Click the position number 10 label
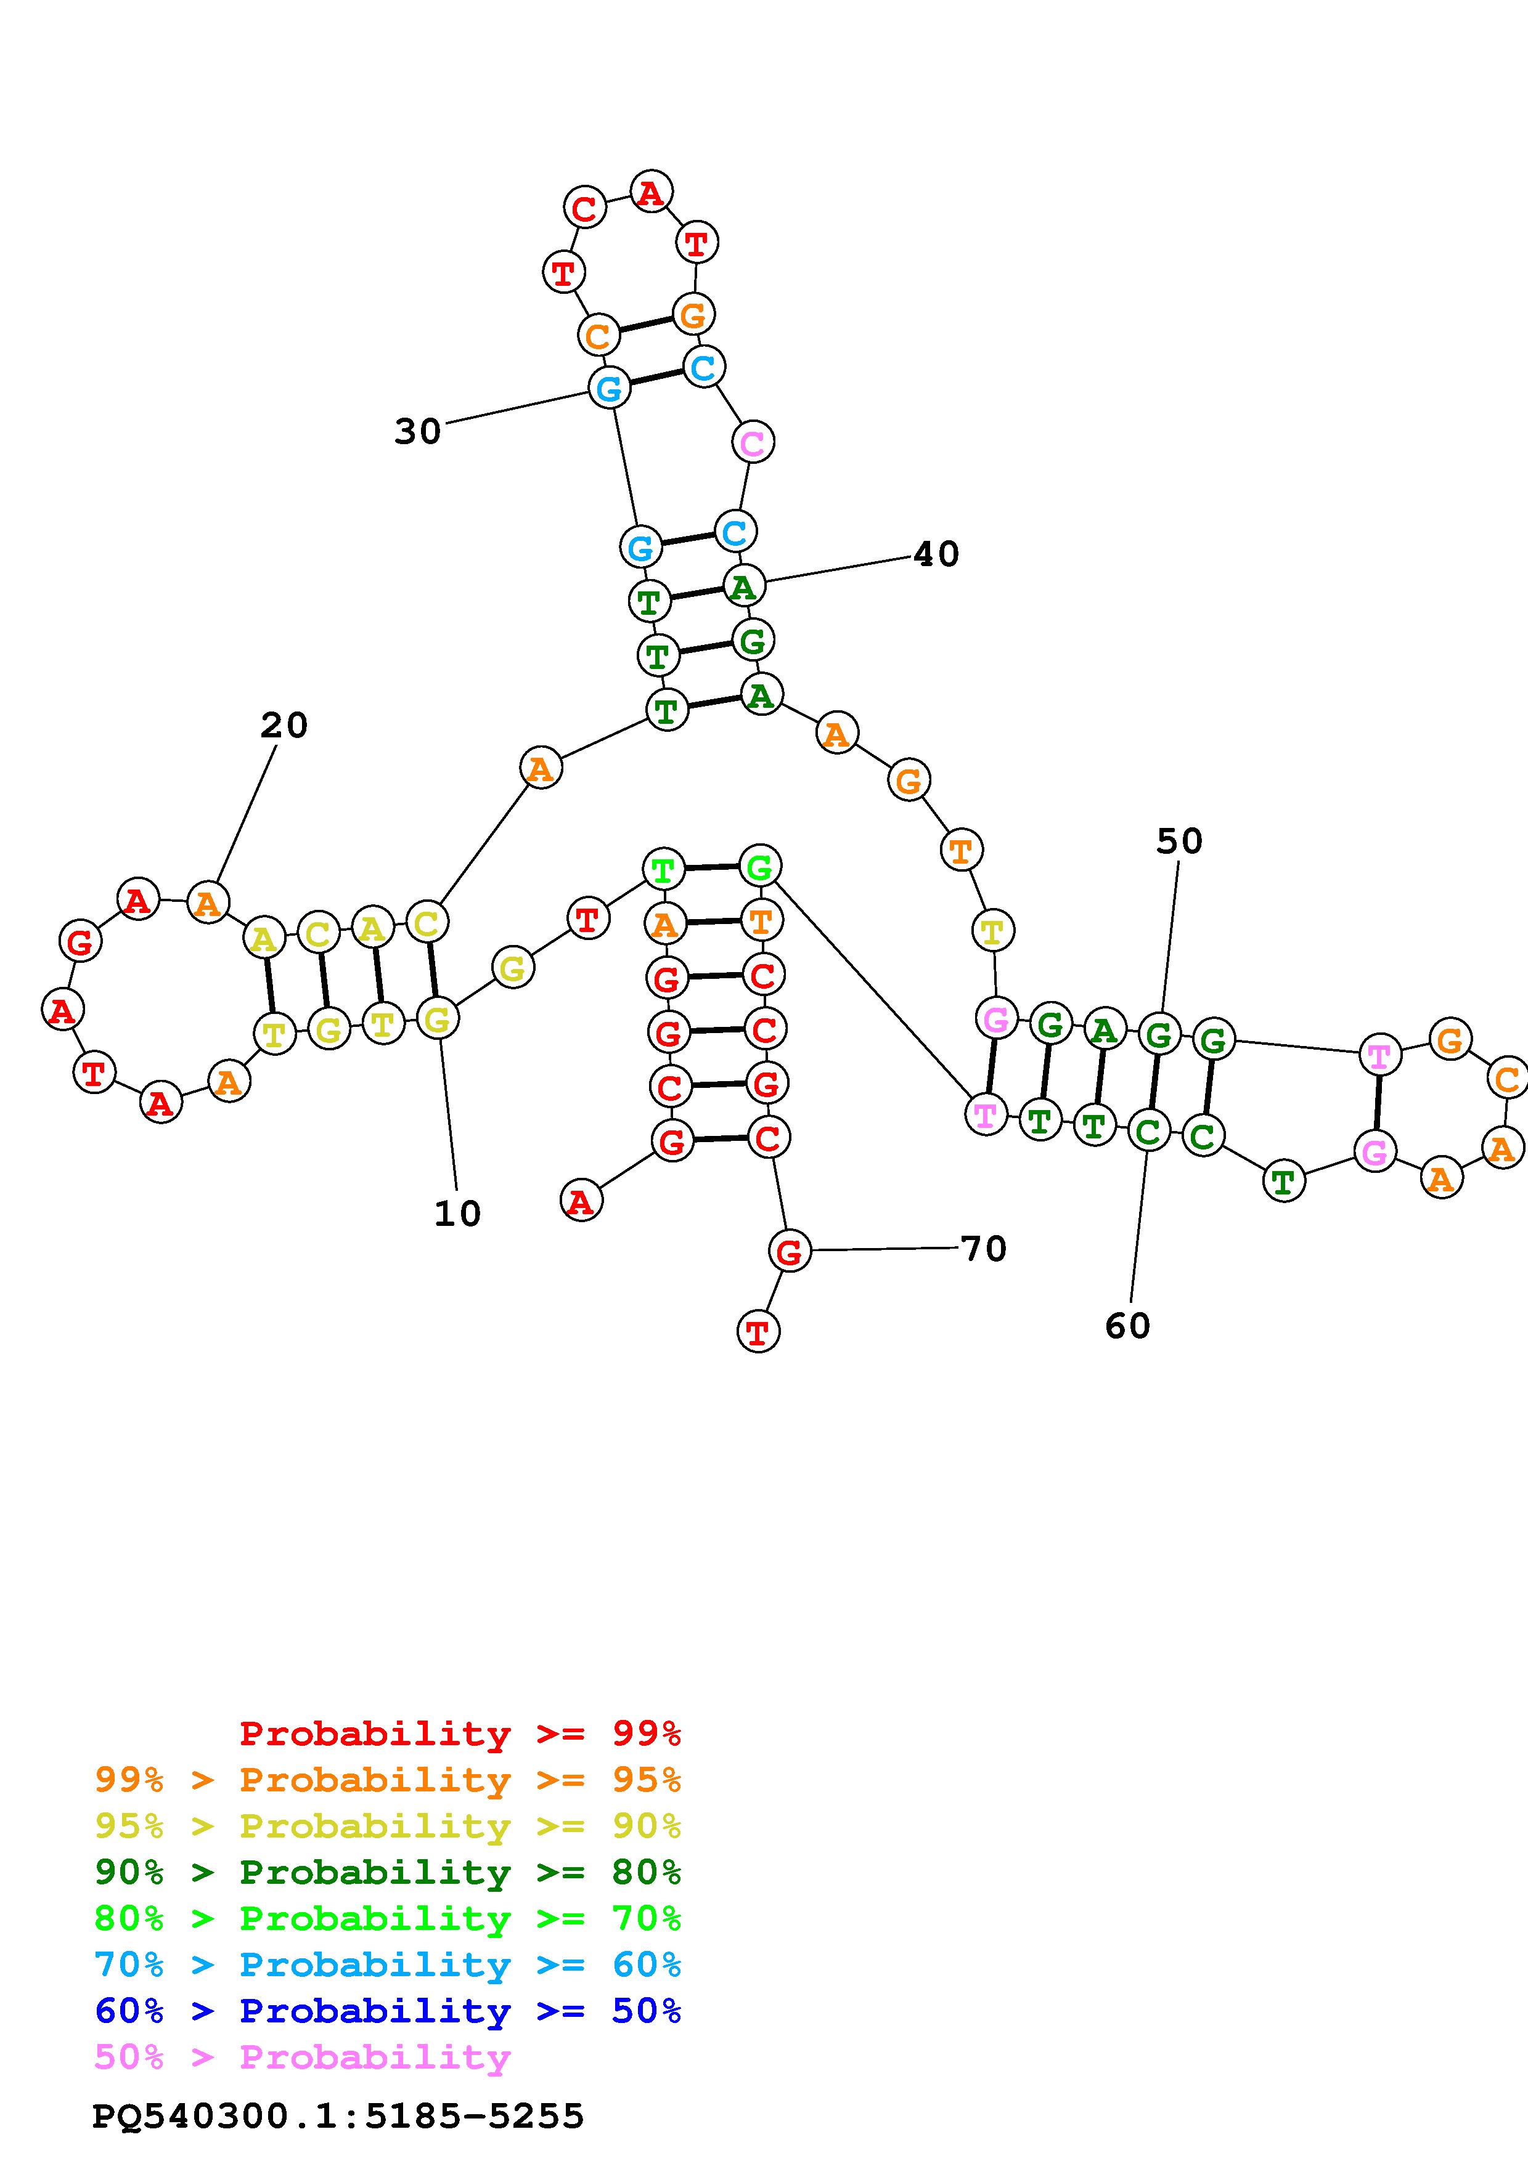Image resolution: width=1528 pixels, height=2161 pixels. (x=457, y=1214)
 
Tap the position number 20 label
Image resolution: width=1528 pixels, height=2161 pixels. (x=284, y=726)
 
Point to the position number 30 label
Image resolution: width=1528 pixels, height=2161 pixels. (x=417, y=432)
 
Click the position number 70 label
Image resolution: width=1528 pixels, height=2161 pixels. (x=984, y=1249)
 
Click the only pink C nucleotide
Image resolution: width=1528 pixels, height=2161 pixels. (x=752, y=442)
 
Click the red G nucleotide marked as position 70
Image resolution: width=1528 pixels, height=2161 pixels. (x=789, y=1251)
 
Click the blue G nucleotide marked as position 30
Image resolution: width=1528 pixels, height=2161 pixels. (x=609, y=387)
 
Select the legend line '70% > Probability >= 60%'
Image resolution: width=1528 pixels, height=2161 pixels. (x=388, y=1964)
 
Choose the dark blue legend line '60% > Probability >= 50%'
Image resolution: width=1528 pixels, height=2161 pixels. (x=388, y=2011)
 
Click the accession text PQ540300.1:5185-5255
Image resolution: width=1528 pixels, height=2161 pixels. (x=338, y=2116)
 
